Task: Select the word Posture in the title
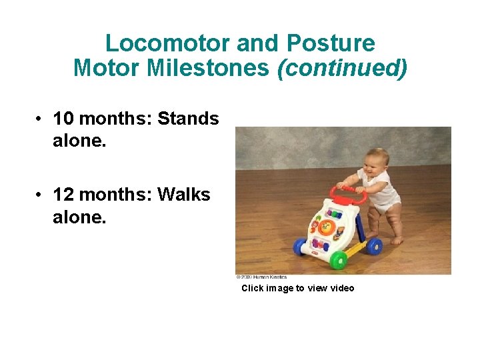[331, 44]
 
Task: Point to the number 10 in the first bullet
[63, 119]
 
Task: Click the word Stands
[188, 119]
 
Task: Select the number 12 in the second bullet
[63, 195]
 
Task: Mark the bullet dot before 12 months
[41, 196]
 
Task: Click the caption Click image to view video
[297, 289]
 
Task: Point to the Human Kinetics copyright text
[261, 277]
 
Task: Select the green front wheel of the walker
[339, 259]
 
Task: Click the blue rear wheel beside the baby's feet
[375, 247]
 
